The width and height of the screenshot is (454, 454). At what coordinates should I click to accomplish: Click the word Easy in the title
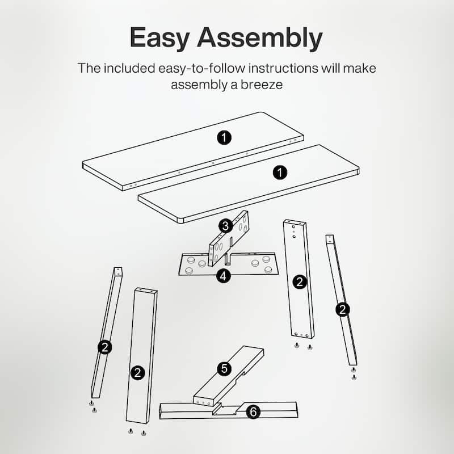[160, 37]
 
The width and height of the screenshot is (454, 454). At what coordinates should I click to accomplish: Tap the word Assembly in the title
[260, 37]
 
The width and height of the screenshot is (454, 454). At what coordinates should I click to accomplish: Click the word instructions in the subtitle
[283, 68]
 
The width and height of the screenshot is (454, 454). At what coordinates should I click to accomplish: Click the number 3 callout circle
[225, 226]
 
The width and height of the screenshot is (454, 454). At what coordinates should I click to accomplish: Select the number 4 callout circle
[223, 276]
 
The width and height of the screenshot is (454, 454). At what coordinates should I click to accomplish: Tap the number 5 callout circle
[224, 369]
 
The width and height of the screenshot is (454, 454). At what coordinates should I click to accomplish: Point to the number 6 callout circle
[253, 412]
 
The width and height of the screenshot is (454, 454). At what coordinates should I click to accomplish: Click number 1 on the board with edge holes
[224, 137]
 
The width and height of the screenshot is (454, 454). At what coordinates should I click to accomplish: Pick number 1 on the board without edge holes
[280, 173]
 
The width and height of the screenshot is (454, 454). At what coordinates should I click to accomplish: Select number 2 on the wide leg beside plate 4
[300, 282]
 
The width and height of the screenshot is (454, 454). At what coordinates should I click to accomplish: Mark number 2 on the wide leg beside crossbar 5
[137, 373]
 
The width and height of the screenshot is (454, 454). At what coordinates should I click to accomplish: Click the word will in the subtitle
[331, 68]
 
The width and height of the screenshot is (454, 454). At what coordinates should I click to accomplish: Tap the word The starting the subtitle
[89, 68]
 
